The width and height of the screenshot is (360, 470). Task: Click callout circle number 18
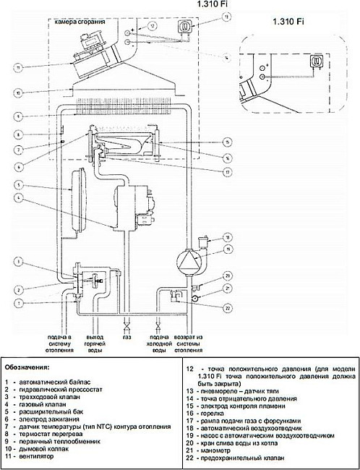point(227,236)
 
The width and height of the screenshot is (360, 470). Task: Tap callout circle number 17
point(227,172)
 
